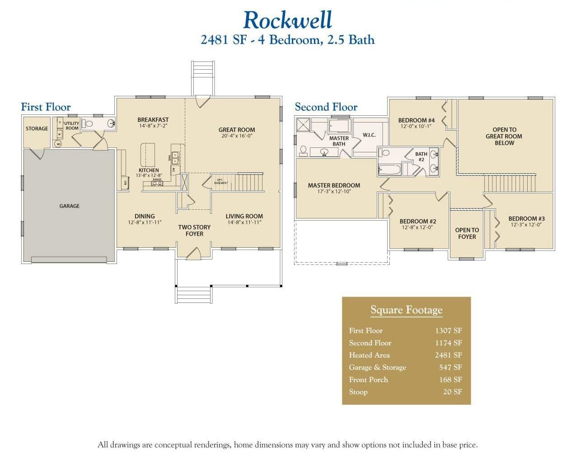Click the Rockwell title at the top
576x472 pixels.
point(288,20)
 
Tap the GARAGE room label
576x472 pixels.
point(69,206)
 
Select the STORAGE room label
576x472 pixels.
point(37,128)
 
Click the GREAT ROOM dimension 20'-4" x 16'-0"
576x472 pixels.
point(237,136)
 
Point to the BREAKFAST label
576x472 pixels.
point(153,120)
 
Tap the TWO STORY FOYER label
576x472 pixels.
point(194,231)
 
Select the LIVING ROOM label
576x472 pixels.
point(244,216)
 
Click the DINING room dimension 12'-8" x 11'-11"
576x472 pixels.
point(145,222)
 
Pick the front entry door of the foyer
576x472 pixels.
point(194,253)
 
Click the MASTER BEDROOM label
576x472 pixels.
point(334,185)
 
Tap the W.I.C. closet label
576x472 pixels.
point(369,135)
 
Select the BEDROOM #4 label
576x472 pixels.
point(416,120)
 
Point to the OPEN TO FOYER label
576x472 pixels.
point(467,233)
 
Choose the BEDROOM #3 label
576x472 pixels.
point(526,218)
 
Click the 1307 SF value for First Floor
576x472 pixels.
point(448,330)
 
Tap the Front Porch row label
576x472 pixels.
point(368,380)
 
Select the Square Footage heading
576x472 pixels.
point(406,310)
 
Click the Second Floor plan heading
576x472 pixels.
point(326,107)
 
